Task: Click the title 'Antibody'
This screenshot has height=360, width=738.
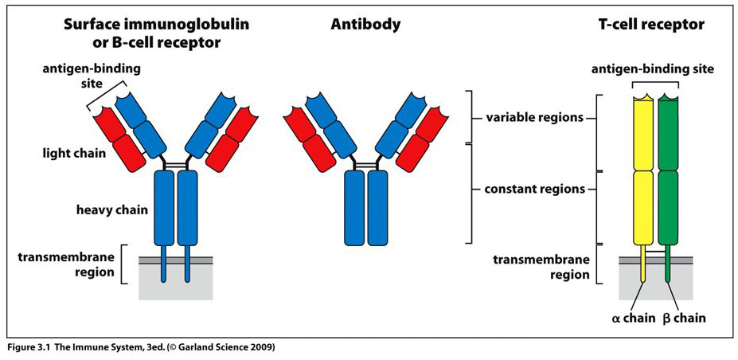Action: click(365, 25)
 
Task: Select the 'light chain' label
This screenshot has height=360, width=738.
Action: click(73, 151)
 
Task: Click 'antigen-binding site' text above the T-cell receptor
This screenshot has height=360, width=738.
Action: click(653, 70)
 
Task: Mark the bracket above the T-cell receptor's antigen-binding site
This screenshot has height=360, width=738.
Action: click(655, 82)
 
